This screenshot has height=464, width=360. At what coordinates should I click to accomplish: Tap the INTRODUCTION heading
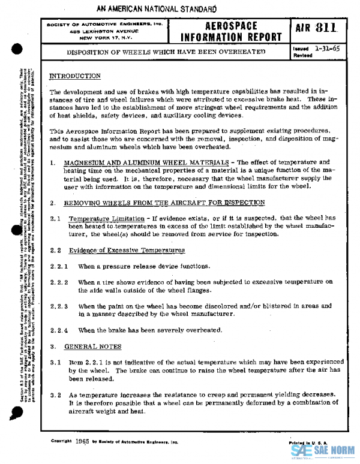(74, 76)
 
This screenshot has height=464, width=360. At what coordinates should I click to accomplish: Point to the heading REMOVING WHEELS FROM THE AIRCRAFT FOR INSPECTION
(164, 203)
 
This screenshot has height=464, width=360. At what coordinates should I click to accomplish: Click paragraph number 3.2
(55, 394)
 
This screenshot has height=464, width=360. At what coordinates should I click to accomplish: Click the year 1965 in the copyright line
(83, 440)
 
